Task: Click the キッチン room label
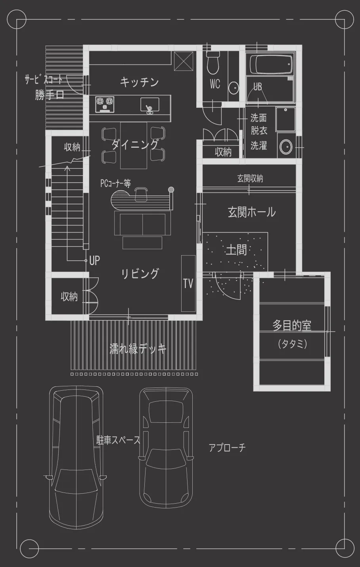point(139,82)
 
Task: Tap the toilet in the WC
point(213,63)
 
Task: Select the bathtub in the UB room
point(272,64)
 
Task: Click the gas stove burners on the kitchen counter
point(105,104)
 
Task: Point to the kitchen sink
point(150,105)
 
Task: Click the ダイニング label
point(135,145)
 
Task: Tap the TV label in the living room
point(188,284)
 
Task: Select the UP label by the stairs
point(94,260)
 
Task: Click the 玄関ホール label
point(252,212)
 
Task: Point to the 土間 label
point(236,250)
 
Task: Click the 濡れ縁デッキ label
point(138,349)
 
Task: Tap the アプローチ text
point(227,448)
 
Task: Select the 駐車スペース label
point(118,440)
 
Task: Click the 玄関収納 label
point(250,179)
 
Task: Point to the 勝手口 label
point(50,95)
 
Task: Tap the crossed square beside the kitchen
point(184,61)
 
